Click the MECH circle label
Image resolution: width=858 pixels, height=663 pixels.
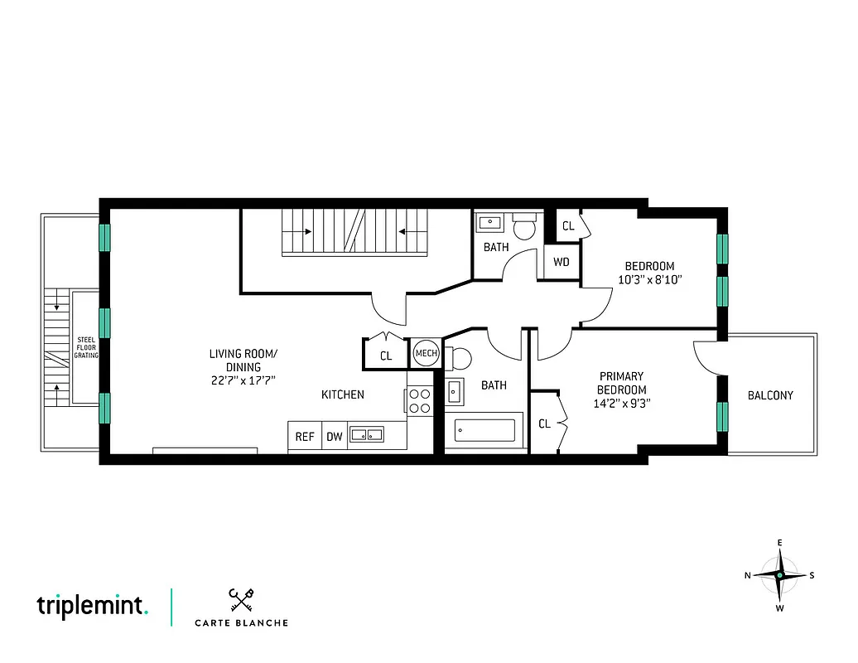pos(426,354)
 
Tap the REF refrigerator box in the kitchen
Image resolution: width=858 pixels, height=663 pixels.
pos(305,436)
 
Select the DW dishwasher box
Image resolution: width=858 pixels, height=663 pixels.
pos(334,436)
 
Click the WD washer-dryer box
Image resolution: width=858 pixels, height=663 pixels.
pos(562,263)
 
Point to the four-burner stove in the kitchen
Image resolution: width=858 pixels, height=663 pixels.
pos(419,402)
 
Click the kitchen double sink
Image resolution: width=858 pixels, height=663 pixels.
pos(366,434)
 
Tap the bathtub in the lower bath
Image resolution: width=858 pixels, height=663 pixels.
pos(485,431)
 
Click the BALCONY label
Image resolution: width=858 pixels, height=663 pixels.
pos(770,395)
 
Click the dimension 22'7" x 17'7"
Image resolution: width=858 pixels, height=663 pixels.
pos(243,380)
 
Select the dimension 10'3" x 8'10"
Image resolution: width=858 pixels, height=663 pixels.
pos(649,279)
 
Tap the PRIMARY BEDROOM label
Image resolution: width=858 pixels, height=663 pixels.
pos(621,383)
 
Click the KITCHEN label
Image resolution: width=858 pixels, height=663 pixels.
pos(342,394)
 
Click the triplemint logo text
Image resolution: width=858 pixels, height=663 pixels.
pos(92,606)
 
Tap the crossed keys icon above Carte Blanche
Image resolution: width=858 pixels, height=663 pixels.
pos(240,599)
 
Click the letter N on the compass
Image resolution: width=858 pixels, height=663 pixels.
pos(748,575)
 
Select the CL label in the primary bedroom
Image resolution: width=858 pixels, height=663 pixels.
pos(544,423)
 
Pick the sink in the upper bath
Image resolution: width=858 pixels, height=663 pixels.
pos(491,222)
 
